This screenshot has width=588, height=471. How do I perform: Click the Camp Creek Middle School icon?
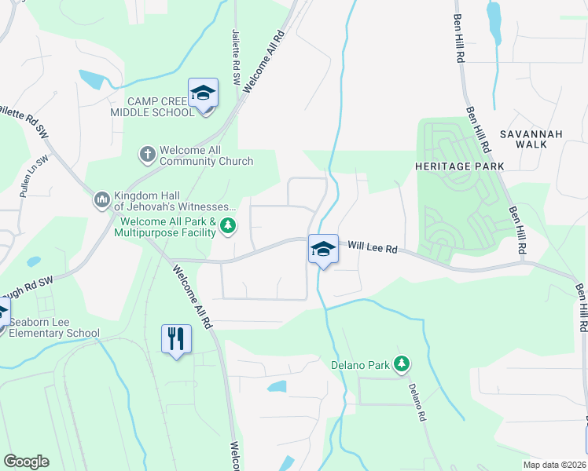pyautogui.click(x=203, y=93)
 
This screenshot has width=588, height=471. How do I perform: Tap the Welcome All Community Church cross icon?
pyautogui.click(x=148, y=154)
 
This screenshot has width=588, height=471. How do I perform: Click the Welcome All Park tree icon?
pyautogui.click(x=228, y=227)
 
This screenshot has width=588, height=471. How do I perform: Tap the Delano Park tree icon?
pyautogui.click(x=402, y=363)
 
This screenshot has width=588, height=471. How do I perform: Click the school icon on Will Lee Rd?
pyautogui.click(x=322, y=250)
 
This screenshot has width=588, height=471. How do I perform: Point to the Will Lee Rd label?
pyautogui.click(x=373, y=246)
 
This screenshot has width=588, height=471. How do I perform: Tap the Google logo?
pyautogui.click(x=26, y=462)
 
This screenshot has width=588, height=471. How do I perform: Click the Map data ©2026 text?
pyautogui.click(x=553, y=465)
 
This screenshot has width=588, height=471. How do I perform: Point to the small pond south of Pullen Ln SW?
pyautogui.click(x=33, y=261)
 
